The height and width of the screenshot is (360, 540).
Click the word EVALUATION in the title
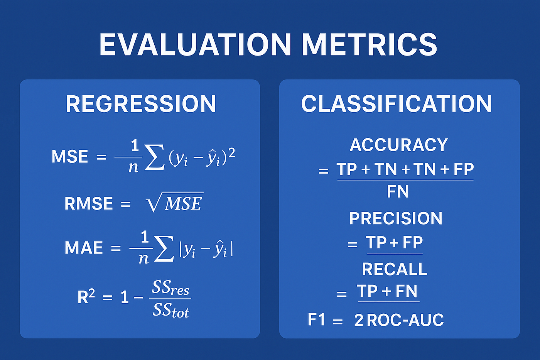(x=195, y=44)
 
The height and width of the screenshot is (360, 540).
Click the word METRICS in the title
(x=369, y=44)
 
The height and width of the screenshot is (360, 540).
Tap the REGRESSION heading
(x=141, y=104)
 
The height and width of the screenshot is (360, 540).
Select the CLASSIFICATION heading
(x=396, y=104)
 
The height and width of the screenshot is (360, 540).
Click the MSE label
(x=70, y=157)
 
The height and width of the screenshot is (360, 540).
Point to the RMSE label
(x=88, y=204)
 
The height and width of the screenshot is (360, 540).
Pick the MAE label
(x=84, y=248)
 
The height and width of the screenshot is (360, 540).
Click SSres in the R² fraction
(x=170, y=288)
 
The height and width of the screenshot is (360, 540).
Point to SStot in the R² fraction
(x=170, y=310)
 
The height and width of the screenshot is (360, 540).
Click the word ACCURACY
(x=399, y=145)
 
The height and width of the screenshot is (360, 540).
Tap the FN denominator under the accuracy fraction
(x=398, y=192)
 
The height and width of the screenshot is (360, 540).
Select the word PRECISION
(x=396, y=218)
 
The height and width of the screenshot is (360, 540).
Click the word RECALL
(x=394, y=269)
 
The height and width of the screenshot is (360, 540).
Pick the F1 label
(x=316, y=320)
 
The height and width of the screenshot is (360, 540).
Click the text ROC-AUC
(x=405, y=320)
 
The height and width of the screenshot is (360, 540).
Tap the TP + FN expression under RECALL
(x=387, y=291)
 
